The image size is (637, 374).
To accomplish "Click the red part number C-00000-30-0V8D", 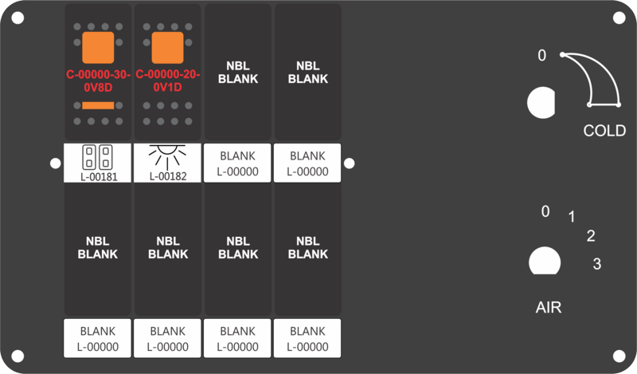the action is pyautogui.click(x=98, y=81).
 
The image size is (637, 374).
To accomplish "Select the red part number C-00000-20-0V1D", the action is pyautogui.click(x=168, y=81).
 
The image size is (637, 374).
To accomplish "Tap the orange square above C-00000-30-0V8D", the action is pyautogui.click(x=98, y=48).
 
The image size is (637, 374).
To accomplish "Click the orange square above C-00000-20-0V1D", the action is pyautogui.click(x=168, y=48).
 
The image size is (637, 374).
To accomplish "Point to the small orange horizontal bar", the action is pyautogui.click(x=98, y=106).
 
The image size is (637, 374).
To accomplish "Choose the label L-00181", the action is pyautogui.click(x=99, y=176).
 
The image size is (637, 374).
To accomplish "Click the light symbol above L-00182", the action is pyautogui.click(x=167, y=156).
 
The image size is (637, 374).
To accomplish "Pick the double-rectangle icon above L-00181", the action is pyautogui.click(x=97, y=157).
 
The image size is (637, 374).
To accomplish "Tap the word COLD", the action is pyautogui.click(x=604, y=131).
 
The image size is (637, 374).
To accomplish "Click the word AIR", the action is pyautogui.click(x=549, y=307).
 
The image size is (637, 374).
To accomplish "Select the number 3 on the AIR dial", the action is pyautogui.click(x=596, y=264).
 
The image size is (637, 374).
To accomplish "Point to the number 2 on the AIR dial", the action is pyautogui.click(x=591, y=236).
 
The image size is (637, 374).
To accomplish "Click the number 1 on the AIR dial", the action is pyautogui.click(x=572, y=217).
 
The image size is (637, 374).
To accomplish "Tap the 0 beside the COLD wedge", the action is pyautogui.click(x=542, y=55).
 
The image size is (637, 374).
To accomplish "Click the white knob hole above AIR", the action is pyautogui.click(x=545, y=261).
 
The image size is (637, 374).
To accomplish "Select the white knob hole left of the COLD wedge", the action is pyautogui.click(x=541, y=103).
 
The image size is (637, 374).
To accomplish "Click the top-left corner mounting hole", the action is pyautogui.click(x=18, y=18).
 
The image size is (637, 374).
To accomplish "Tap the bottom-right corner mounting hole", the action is pyautogui.click(x=619, y=356).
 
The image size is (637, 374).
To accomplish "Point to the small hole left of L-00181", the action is pyautogui.click(x=55, y=163).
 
